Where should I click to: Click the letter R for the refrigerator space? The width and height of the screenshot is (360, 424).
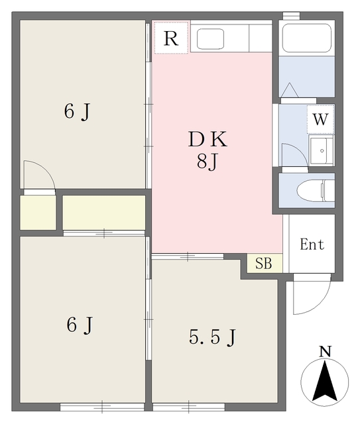point(171,38)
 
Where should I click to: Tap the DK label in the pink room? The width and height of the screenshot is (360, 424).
point(208,139)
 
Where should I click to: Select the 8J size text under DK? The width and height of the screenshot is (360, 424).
point(208,162)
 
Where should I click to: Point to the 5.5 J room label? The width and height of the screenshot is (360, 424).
point(212,337)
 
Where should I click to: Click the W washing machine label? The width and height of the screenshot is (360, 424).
point(320,119)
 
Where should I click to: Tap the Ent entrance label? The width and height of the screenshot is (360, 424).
point(312,244)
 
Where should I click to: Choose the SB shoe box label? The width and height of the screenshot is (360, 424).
point(264,263)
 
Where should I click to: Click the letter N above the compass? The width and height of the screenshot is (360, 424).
point(325,352)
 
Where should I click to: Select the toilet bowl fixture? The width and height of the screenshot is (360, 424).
point(316,191)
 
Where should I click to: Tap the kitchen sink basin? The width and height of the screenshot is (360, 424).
point(210,39)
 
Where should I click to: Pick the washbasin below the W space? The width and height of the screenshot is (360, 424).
point(322,150)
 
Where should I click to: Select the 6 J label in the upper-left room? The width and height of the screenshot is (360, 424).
point(77,111)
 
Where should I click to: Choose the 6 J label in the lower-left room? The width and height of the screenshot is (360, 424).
point(80,325)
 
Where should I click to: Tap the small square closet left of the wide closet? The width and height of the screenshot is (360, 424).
point(38,213)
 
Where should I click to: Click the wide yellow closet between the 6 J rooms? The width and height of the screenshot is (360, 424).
point(104,213)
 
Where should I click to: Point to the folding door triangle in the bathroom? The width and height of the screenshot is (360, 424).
point(290,90)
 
